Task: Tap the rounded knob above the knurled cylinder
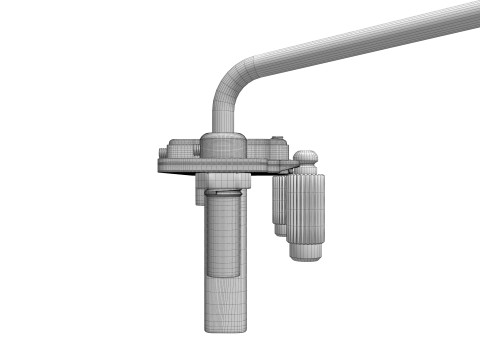click(307, 157)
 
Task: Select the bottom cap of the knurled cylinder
click(306, 251)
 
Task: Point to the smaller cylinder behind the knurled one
click(279, 205)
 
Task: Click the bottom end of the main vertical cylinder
click(225, 327)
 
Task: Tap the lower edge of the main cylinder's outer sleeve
click(225, 274)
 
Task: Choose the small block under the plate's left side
click(199, 194)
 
